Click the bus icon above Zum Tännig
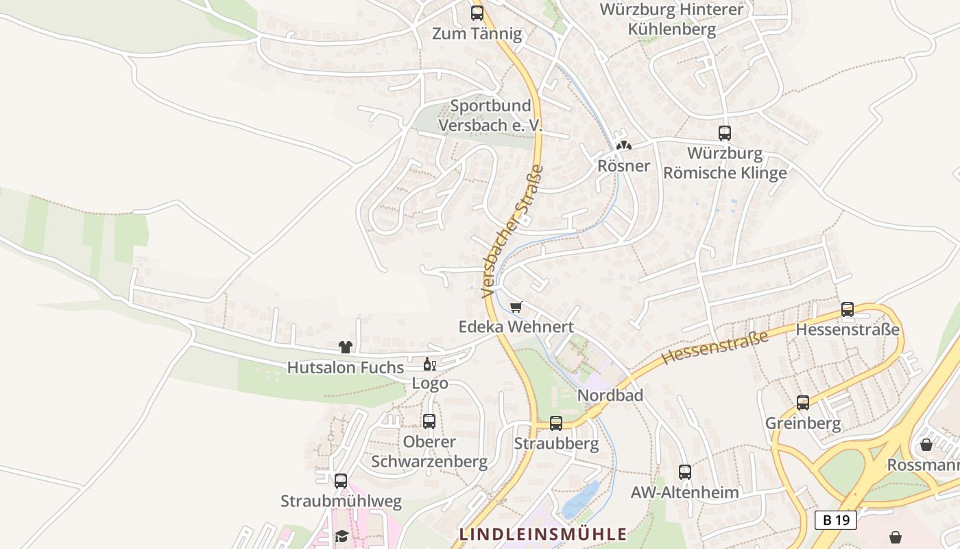pos(477,12)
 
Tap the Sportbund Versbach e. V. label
pos(490,115)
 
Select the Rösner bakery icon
pos(623,145)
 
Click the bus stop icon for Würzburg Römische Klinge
pos(725,133)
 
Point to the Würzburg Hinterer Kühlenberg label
pos(672,19)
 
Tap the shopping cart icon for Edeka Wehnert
pos(516,307)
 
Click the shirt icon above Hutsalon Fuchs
pos(346,348)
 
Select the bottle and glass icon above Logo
pos(430,364)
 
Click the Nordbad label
pos(610,395)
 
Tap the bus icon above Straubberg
pos(556,423)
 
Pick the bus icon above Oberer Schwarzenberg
pos(429,421)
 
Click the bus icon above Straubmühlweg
pos(341,481)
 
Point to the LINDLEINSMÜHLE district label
pos(542,534)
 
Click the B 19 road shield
pos(836,519)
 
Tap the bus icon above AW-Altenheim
pos(685,472)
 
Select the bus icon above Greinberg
pos(803,403)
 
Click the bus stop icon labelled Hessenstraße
pos(848,309)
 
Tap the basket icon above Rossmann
pos(926,445)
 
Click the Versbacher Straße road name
pos(512,231)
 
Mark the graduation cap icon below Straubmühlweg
pos(341,535)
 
